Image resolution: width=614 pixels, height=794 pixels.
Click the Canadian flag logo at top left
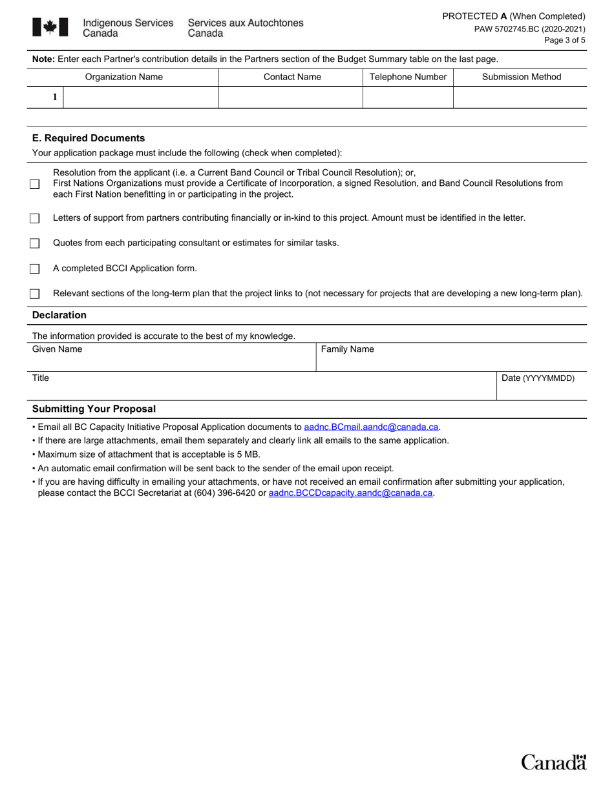[50, 27]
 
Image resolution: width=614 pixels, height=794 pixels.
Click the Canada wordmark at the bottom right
[554, 762]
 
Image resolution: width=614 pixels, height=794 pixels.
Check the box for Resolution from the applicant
[35, 184]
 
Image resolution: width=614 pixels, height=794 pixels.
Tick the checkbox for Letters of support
[35, 218]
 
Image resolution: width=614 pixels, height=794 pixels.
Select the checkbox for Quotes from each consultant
[35, 243]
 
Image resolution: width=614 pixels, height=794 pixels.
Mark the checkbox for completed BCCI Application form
[35, 269]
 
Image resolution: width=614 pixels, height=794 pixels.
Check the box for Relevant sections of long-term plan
[35, 294]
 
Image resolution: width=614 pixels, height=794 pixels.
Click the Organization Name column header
[124, 77]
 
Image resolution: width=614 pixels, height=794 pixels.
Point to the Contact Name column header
[292, 77]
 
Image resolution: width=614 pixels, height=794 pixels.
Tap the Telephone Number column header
[408, 77]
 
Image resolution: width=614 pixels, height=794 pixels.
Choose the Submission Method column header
[522, 77]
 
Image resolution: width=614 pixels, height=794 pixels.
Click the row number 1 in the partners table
[55, 97]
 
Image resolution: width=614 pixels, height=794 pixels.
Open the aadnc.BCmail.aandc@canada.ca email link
[371, 427]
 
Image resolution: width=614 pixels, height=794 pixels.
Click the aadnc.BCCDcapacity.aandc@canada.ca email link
[350, 493]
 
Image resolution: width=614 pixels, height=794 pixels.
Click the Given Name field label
[58, 349]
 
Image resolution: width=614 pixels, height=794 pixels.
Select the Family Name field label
[348, 349]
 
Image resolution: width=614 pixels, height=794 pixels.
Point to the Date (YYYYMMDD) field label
[538, 378]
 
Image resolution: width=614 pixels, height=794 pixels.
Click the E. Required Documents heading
[89, 138]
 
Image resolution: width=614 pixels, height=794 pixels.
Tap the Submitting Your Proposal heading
[94, 409]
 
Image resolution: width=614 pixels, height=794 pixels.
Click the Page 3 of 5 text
[566, 40]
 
